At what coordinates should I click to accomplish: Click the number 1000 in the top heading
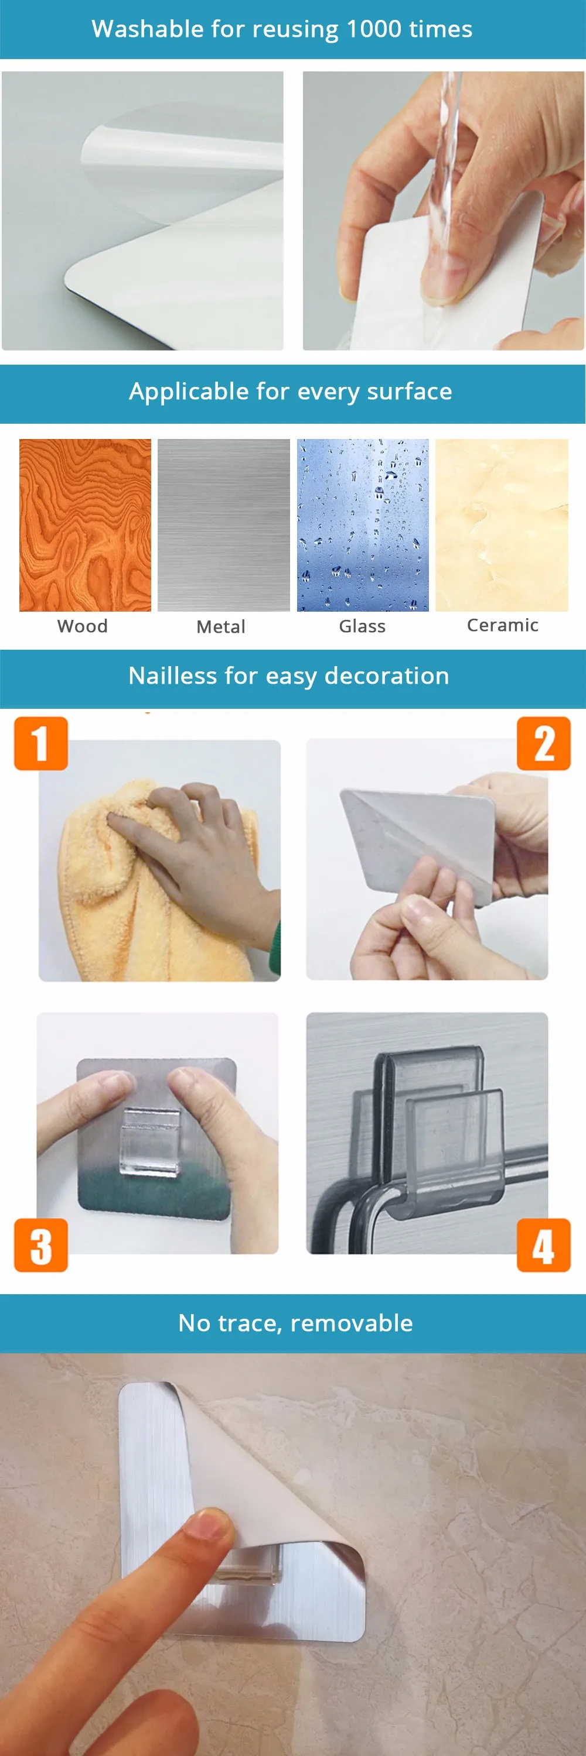(373, 29)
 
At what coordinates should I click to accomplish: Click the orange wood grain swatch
(86, 525)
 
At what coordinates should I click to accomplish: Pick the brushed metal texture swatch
(224, 525)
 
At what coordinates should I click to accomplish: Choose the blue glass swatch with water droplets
(363, 525)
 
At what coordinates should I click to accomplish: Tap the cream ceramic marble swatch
(502, 525)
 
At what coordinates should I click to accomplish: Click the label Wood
(83, 626)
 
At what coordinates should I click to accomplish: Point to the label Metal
(221, 626)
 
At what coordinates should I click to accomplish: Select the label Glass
(362, 626)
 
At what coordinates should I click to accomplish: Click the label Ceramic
(503, 625)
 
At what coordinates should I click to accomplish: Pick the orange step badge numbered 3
(41, 1245)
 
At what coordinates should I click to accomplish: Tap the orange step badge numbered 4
(544, 1245)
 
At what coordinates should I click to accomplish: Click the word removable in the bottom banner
(352, 1323)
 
